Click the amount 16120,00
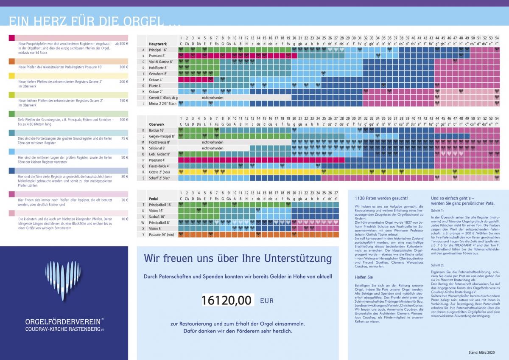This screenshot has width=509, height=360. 227,301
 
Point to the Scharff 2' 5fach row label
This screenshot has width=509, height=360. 159,178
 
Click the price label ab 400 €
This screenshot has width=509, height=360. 122,44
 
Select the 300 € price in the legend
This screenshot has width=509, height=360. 124,67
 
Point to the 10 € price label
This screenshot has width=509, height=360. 125,219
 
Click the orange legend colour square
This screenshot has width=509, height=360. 11,62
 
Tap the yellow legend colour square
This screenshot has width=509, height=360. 11,76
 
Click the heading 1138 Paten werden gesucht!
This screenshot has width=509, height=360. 381,198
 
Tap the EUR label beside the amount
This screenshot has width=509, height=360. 267,301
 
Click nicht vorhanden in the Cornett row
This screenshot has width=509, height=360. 213,97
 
